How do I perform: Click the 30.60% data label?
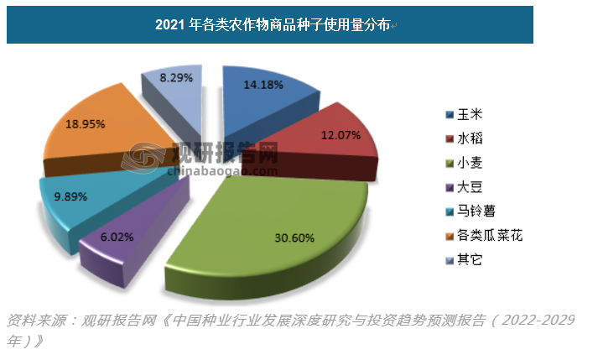pyautogui.click(x=294, y=237)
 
